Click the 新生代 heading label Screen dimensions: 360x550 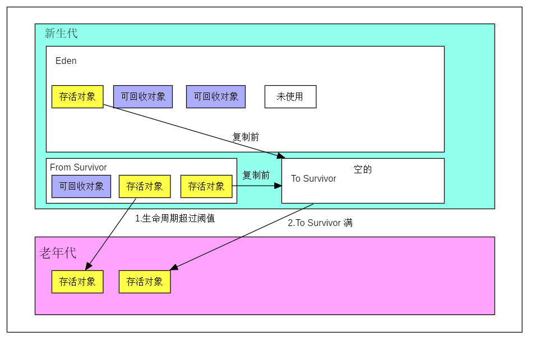tap(61, 33)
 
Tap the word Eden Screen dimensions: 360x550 tap(66, 61)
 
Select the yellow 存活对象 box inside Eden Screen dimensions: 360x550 tap(77, 96)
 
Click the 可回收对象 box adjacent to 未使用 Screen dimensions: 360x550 tap(216, 96)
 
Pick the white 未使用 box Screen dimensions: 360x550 tap(290, 96)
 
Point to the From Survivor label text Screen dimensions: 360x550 tap(78, 167)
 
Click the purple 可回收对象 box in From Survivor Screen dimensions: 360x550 tap(81, 186)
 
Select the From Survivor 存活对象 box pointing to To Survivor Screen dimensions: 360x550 tap(206, 186)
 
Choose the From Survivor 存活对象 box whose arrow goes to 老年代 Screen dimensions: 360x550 tap(145, 186)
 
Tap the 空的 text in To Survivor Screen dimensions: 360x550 tap(362, 169)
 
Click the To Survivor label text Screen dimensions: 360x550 tap(313, 178)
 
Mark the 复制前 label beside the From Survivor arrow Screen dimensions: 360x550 tap(256, 175)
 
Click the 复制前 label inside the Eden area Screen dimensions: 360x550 tap(246, 137)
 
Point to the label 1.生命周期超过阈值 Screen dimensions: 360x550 tap(175, 218)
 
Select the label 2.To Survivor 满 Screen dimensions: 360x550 tap(320, 223)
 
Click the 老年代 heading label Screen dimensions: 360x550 tap(57, 253)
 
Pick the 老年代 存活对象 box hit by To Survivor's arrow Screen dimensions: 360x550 tap(145, 281)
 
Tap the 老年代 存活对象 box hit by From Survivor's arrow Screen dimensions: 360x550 tap(77, 281)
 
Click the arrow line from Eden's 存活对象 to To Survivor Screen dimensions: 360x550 tap(191, 130)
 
